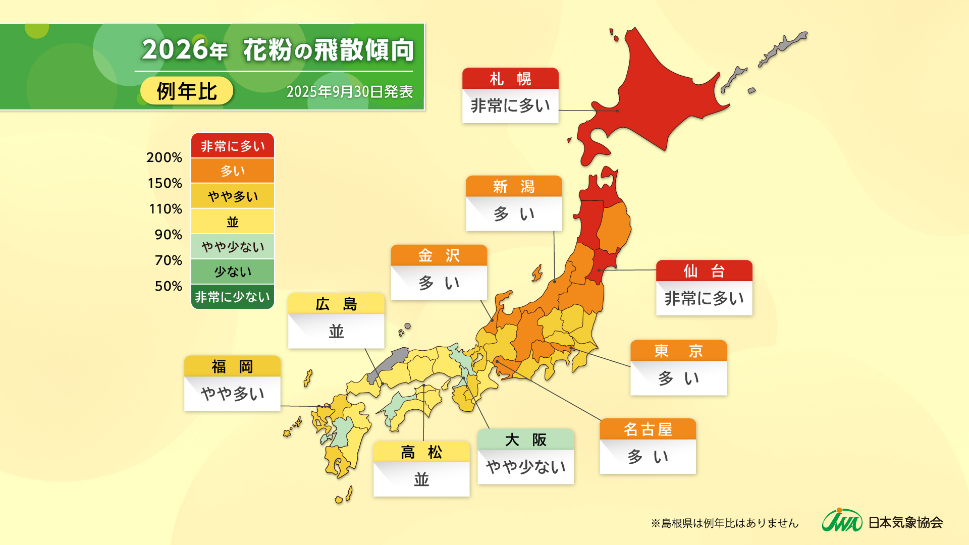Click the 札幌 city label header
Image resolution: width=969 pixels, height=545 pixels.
click(x=510, y=79)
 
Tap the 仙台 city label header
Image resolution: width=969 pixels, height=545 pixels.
click(x=704, y=271)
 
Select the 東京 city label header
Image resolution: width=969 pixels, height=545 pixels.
click(x=678, y=351)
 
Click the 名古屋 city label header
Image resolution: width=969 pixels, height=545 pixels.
click(x=648, y=429)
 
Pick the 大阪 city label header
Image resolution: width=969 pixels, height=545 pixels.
click(x=525, y=440)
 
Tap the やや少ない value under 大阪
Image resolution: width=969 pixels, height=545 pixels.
click(x=525, y=467)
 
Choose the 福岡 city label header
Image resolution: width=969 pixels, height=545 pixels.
click(x=232, y=366)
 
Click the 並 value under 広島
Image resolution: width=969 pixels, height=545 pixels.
click(x=336, y=332)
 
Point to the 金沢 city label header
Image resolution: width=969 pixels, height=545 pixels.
click(x=439, y=255)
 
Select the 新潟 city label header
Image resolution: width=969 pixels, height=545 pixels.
click(x=514, y=187)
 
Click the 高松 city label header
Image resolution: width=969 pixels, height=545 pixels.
click(x=421, y=452)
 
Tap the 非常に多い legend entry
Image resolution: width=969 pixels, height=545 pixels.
click(x=233, y=146)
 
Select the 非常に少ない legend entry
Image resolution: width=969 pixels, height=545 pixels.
click(x=233, y=297)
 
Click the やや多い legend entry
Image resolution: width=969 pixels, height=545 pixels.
click(x=233, y=196)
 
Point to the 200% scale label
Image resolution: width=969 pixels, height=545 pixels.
click(x=164, y=157)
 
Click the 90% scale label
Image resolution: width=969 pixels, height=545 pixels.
click(x=168, y=235)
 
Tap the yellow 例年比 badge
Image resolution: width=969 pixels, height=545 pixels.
click(x=187, y=91)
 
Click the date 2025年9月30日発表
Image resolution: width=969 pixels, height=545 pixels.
click(x=349, y=92)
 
